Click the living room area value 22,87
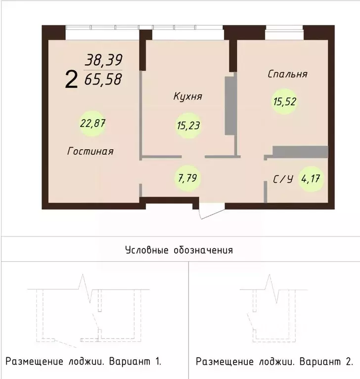93,123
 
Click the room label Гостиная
90,151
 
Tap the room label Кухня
187,96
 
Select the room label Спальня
287,74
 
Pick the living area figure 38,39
103,60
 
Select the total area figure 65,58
103,79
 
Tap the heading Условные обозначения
179,250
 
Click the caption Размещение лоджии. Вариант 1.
83,361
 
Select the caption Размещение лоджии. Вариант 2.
274,361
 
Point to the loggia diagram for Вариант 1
89,311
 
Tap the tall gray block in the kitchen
230,105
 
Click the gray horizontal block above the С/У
300,152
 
